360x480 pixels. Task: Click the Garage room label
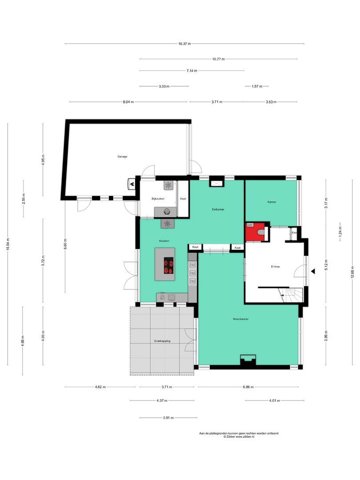tap(122, 156)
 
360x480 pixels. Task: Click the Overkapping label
tap(162, 341)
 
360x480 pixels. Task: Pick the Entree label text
tap(276, 267)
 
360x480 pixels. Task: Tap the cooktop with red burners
tap(169, 266)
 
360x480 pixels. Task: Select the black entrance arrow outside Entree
tap(313, 271)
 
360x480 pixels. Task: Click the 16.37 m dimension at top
tap(184, 44)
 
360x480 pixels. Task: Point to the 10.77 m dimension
tap(218, 59)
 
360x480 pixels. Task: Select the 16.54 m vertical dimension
tap(8, 248)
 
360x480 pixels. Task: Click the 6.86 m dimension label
tap(248, 387)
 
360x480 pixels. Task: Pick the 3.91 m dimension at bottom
tap(168, 418)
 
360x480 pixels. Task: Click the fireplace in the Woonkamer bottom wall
tap(247, 360)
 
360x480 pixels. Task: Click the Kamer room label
tap(272, 202)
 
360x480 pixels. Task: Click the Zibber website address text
tap(239, 437)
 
